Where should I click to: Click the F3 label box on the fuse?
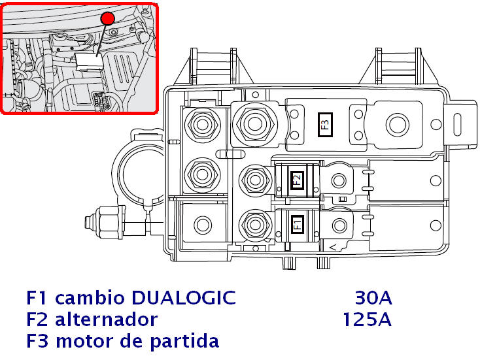325,123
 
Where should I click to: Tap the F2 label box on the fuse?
297,181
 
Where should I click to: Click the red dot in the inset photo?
108,19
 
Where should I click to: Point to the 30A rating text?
373,299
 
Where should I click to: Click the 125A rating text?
367,319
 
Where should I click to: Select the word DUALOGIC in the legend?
184,299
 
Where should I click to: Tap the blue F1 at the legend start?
38,299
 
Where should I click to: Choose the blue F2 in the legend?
38,319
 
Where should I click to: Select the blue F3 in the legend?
38,341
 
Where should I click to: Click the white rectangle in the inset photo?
88,59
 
